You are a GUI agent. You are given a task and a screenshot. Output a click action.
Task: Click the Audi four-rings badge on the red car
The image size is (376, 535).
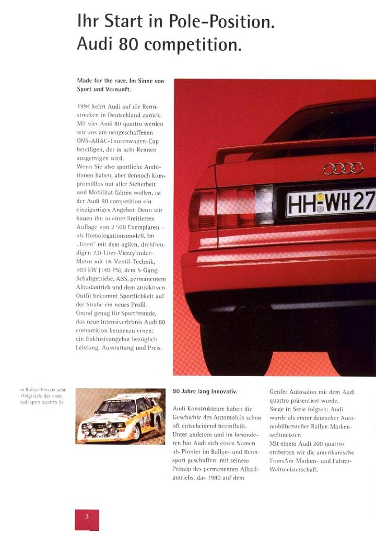343,168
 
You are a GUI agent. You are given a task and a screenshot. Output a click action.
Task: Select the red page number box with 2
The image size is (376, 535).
87,517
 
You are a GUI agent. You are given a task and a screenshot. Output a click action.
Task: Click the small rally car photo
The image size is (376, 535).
120,416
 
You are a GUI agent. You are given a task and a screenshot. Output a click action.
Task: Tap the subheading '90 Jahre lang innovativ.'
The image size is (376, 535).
205,391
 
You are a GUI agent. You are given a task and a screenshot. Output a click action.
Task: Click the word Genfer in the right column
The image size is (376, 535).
280,391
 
